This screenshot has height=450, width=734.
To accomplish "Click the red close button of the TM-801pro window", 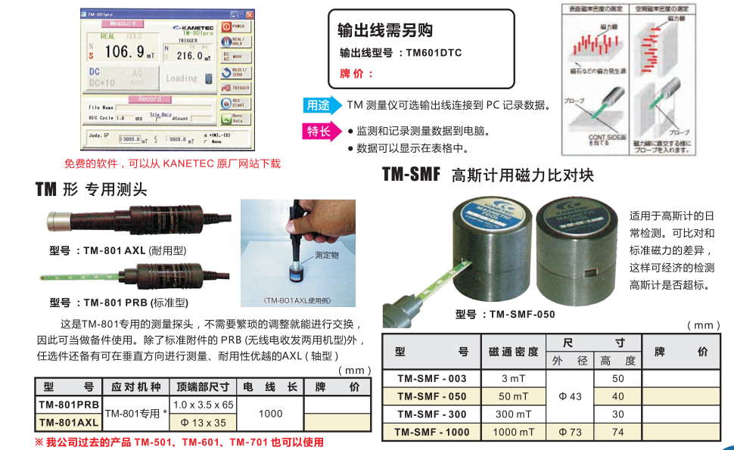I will pyautogui.click(x=250, y=14).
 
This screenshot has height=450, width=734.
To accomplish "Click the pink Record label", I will pyautogui.click(x=149, y=99).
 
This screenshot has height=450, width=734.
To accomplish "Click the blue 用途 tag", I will pyautogui.click(x=318, y=105).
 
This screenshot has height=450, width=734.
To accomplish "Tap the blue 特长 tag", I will pyautogui.click(x=318, y=132).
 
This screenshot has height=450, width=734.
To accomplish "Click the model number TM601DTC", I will pyautogui.click(x=434, y=53).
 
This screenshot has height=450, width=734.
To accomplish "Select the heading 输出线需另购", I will pyautogui.click(x=385, y=30).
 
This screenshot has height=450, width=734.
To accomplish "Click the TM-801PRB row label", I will pyautogui.click(x=69, y=405).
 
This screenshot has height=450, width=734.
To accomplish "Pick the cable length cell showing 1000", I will pyautogui.click(x=270, y=414).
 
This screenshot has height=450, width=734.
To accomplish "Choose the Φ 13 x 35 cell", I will pyautogui.click(x=204, y=423).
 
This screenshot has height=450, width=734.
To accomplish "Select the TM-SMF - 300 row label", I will pyautogui.click(x=431, y=414).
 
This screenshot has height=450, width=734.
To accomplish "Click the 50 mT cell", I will pyautogui.click(x=514, y=396).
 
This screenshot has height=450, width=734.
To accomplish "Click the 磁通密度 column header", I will pyautogui.click(x=514, y=352).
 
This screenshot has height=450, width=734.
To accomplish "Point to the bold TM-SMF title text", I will pyautogui.click(x=411, y=175).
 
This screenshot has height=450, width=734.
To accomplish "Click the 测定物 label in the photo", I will pyautogui.click(x=327, y=256).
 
